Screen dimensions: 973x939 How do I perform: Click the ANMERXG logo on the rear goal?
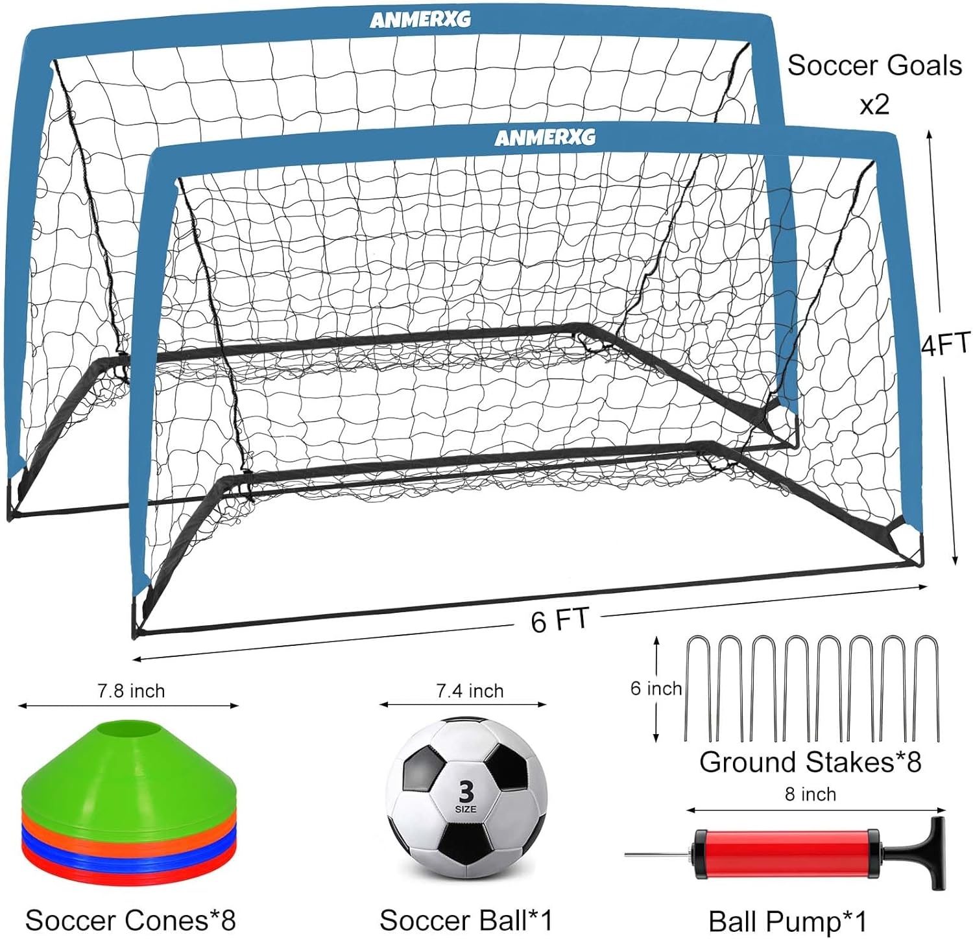coord(420,20)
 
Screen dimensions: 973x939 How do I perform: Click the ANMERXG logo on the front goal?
coord(545,137)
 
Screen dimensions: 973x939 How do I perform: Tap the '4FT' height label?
coord(946,344)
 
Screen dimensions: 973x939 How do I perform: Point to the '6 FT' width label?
coord(559,620)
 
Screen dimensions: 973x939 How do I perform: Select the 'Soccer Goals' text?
coord(874,65)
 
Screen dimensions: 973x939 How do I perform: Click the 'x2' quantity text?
coord(874,104)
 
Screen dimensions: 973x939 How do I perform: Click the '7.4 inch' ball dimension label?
coord(470,691)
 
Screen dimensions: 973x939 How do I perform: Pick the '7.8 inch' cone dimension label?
coord(131,691)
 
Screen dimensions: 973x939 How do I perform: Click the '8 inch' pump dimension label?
coord(810,794)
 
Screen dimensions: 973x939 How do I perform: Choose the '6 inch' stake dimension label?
coord(656,688)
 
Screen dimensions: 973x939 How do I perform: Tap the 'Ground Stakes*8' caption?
coord(810,762)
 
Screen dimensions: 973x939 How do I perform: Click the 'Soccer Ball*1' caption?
coord(466,920)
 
